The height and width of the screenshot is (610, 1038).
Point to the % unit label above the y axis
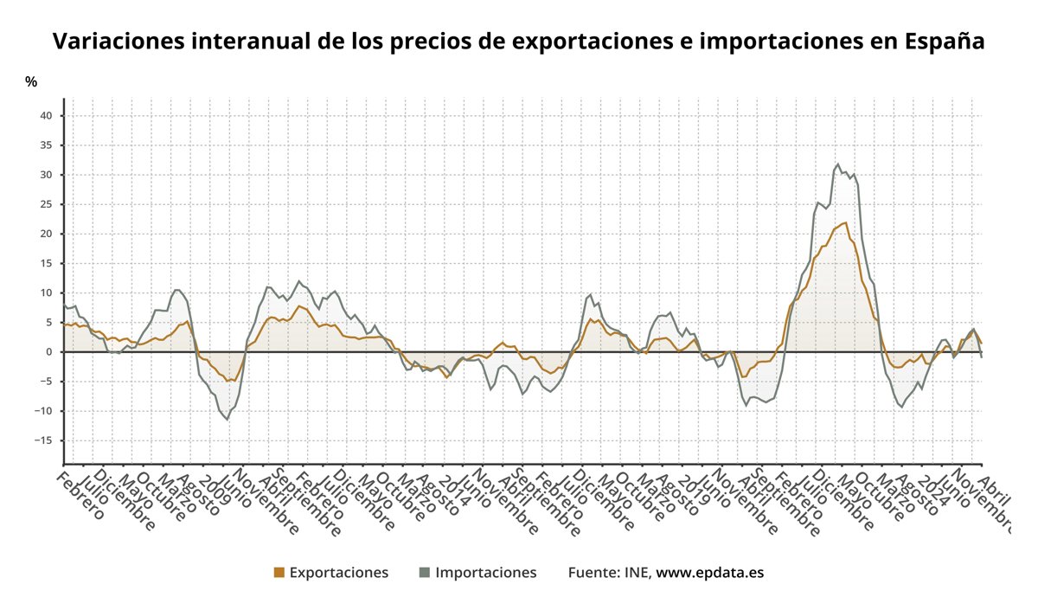tap(31, 82)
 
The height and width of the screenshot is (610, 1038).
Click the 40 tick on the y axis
tap(48, 116)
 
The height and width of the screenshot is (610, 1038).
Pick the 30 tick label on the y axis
tap(48, 175)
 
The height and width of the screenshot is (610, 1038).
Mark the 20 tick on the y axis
tap(48, 234)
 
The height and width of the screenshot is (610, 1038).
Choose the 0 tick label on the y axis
tap(51, 352)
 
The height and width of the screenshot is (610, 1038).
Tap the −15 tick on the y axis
tap(45, 440)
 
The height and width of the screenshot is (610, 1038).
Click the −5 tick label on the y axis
tap(48, 382)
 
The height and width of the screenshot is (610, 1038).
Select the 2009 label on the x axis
tap(211, 489)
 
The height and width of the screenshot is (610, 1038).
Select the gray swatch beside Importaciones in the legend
tap(425, 573)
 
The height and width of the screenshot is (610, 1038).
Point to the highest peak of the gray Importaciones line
tap(837, 164)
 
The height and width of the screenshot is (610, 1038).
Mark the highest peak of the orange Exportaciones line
tap(845, 222)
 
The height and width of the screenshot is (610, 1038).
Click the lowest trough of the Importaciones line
tap(228, 420)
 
